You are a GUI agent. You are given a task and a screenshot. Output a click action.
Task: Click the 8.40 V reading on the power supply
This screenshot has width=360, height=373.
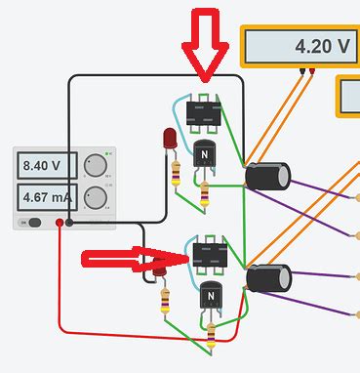[43, 166]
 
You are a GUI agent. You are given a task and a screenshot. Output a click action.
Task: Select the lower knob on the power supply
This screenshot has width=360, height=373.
[95, 197]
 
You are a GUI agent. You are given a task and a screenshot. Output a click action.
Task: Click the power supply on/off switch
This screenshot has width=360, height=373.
[33, 223]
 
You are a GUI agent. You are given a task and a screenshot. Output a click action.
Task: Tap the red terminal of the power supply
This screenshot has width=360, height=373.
[60, 224]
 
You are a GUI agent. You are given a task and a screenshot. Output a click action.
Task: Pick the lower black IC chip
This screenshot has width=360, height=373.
[210, 256]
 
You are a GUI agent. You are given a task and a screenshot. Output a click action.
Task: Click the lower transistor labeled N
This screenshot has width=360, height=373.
[210, 297]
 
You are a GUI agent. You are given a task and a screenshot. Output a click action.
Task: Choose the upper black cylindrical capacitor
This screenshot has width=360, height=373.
[266, 176]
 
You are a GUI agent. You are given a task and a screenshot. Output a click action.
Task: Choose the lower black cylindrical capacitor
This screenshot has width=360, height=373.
[267, 278]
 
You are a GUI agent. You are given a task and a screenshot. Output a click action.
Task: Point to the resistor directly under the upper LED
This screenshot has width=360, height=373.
[176, 173]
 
